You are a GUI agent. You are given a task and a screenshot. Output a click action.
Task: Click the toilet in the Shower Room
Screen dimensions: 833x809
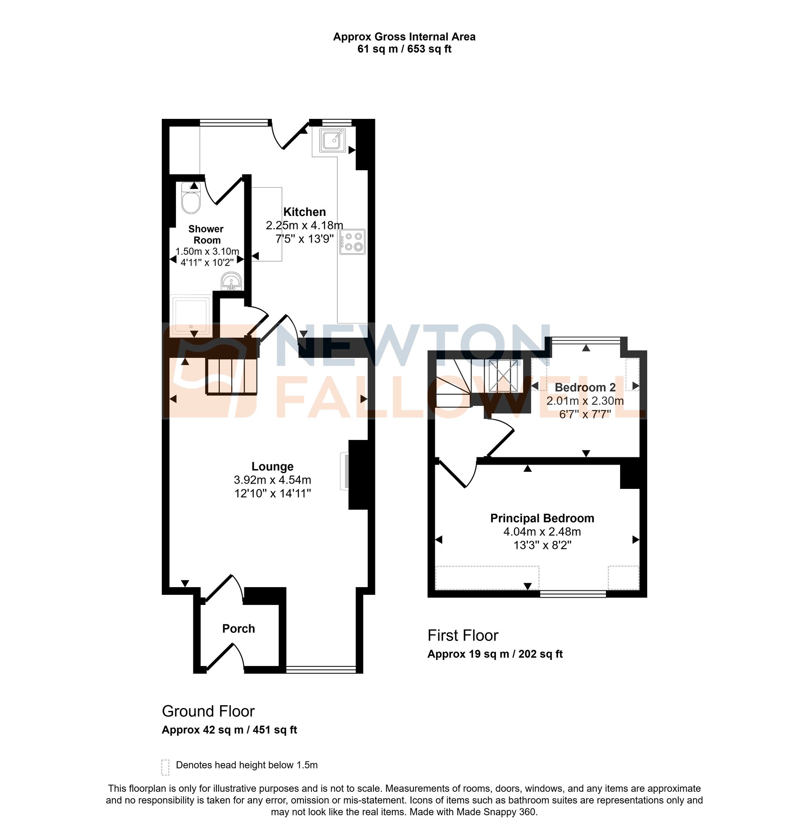[x=191, y=200]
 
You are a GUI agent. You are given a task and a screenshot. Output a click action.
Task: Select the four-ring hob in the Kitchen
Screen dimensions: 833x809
[x=352, y=242]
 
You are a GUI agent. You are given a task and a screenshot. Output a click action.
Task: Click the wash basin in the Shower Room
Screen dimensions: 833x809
[x=231, y=282]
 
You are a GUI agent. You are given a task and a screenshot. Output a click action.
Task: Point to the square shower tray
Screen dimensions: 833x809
[x=191, y=314]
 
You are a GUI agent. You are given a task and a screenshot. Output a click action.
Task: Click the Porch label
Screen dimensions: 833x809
[x=239, y=628]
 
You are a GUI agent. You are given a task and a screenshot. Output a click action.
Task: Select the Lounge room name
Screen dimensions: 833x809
[x=273, y=466]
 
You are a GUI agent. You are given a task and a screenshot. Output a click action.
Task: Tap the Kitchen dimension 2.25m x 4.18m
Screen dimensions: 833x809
[x=304, y=225]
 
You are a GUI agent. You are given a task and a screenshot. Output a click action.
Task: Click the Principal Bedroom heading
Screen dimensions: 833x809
[x=542, y=518]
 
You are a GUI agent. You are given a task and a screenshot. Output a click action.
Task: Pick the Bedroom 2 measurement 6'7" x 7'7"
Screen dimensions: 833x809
[x=585, y=414]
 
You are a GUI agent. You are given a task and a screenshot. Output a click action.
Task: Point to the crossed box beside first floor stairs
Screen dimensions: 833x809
[x=503, y=376]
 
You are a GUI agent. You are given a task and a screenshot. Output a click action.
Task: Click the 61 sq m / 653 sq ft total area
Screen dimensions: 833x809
[x=404, y=49]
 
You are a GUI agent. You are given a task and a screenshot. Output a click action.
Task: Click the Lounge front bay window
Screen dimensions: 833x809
[x=321, y=670]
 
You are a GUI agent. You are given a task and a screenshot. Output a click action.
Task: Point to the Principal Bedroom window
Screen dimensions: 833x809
[x=573, y=594]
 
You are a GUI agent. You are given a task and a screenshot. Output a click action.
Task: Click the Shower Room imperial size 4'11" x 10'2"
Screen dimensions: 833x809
[x=207, y=263]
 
